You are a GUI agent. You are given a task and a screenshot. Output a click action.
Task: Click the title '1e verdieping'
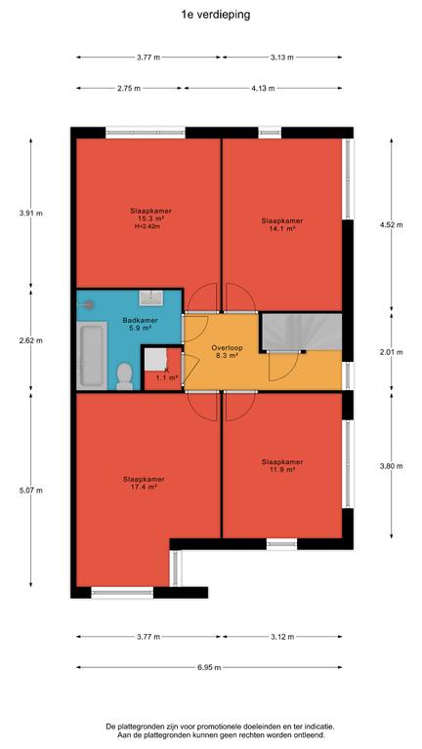tap(215, 15)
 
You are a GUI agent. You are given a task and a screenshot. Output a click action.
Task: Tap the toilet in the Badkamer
tap(125, 375)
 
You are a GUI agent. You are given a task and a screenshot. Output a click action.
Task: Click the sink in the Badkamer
tap(150, 297)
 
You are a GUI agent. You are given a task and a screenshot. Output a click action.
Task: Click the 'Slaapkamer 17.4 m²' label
tap(144, 483)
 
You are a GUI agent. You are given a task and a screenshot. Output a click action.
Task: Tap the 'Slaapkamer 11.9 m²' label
tap(282, 466)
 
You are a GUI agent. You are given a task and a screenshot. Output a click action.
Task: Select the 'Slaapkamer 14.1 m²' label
tap(282, 224)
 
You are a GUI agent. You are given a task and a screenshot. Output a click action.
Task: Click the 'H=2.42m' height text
tap(147, 226)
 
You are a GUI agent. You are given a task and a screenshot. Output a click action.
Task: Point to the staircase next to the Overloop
tap(302, 332)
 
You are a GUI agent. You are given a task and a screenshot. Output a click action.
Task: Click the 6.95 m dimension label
tap(210, 667)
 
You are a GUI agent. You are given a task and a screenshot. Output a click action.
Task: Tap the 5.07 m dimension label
tap(31, 491)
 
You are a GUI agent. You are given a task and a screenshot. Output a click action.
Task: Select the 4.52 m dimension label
tap(392, 224)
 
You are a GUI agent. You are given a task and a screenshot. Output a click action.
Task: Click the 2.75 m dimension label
tap(130, 88)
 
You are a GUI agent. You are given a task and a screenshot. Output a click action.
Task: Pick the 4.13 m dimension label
tap(264, 88)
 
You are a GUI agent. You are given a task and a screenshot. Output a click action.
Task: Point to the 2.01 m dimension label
tap(392, 352)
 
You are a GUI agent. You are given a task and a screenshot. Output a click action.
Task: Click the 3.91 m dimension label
tap(31, 213)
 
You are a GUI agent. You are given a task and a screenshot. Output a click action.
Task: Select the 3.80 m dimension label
tap(392, 466)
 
